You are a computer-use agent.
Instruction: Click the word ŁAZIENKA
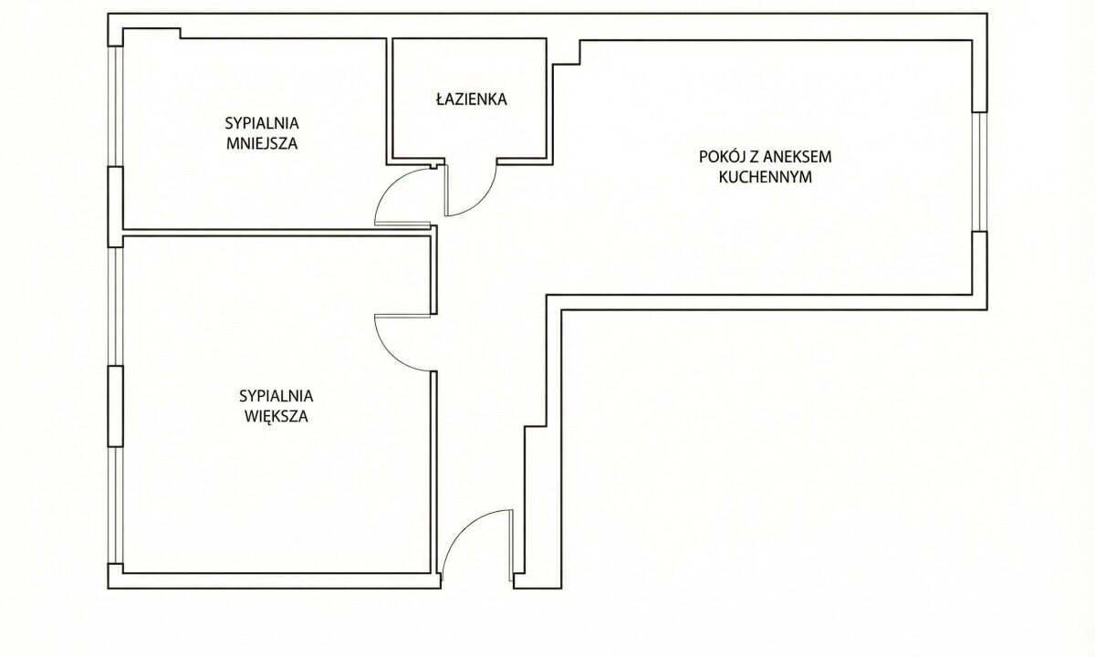[471, 99]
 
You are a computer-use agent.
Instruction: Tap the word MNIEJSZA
[262, 144]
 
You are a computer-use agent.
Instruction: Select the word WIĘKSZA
[276, 416]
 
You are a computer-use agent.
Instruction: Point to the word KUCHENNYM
[766, 177]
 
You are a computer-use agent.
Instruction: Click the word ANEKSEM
[798, 157]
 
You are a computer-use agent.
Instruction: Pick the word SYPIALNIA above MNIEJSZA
[262, 123]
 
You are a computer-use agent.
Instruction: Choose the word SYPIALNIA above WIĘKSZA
[276, 396]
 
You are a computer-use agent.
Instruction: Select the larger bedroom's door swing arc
[391, 354]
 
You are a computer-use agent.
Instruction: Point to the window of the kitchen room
[980, 172]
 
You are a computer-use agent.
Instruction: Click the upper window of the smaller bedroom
[115, 107]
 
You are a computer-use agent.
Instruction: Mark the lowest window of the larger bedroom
[115, 505]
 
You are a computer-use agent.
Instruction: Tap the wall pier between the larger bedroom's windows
[115, 406]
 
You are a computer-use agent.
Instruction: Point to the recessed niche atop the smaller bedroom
[151, 34]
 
